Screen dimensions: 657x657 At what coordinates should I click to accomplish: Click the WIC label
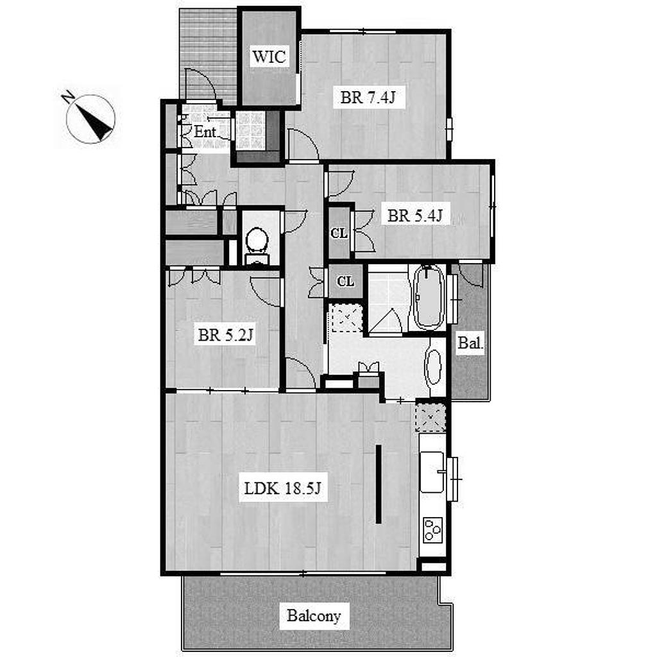[269, 56]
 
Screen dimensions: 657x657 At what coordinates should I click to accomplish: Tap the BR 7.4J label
[368, 98]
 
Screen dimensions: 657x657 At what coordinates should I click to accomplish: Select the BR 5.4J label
[415, 216]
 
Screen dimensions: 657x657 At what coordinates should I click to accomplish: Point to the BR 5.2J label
[225, 335]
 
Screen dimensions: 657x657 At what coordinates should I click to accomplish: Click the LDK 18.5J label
[282, 488]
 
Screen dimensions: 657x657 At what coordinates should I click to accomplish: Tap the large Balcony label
[314, 615]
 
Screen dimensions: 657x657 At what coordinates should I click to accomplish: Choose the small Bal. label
[470, 343]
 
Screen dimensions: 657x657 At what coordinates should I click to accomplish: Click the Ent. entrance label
[205, 132]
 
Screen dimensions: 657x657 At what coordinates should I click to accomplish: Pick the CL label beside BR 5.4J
[339, 233]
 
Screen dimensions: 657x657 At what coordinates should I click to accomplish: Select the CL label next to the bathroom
[345, 281]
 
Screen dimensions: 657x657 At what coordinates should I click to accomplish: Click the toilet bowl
[257, 242]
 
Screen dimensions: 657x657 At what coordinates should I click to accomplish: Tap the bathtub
[428, 297]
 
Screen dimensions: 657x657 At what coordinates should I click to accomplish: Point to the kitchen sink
[432, 472]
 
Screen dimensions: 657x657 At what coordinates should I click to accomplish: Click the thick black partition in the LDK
[379, 484]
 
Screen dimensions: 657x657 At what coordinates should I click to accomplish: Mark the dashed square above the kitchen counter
[430, 418]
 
